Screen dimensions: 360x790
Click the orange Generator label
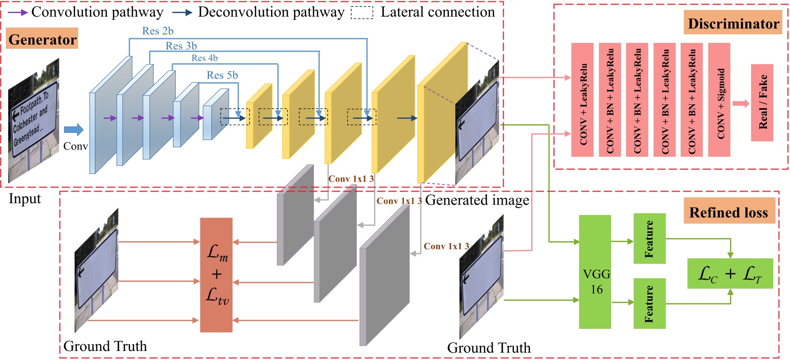pos(43,39)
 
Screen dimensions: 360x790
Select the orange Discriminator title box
pos(733,23)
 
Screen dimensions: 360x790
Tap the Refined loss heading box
pos(729,212)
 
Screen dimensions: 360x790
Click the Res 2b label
pos(158,31)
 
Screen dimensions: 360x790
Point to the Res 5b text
pos(222,75)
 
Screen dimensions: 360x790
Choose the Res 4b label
pos(205,58)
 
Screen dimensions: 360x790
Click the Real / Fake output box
pos(762,103)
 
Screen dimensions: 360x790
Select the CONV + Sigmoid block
pos(720,100)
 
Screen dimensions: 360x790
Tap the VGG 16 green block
pos(595,272)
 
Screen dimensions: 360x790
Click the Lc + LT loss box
pos(730,274)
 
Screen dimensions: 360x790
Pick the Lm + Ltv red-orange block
pos(216,275)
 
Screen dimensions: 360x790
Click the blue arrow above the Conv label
pos(74,130)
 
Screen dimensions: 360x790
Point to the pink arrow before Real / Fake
pos(741,103)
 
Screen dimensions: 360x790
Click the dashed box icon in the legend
pos(362,13)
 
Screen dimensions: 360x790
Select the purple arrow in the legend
pos(18,12)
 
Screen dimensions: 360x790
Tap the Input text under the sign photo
pos(25,199)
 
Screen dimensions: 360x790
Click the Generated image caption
pos(477,200)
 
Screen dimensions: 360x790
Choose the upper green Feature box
pos(650,238)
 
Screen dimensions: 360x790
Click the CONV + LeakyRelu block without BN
pos(582,100)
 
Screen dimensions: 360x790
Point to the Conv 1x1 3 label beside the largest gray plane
pos(446,246)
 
